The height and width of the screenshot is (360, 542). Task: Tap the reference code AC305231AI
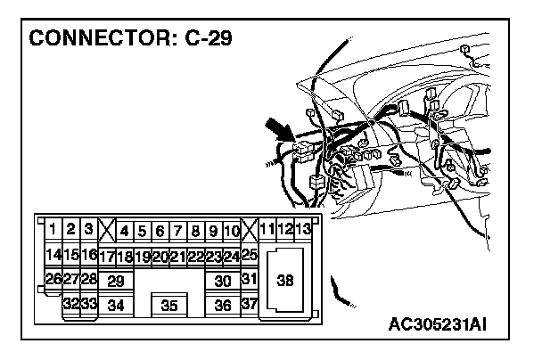click(448, 323)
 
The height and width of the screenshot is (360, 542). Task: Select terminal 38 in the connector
click(285, 281)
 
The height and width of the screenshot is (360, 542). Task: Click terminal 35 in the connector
click(169, 306)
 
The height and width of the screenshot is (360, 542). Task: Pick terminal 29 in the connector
click(115, 281)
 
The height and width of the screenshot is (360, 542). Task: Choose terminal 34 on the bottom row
click(115, 306)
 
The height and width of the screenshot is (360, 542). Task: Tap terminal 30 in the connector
click(224, 281)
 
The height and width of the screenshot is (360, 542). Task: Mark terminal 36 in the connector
click(224, 306)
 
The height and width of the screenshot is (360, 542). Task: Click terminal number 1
click(53, 230)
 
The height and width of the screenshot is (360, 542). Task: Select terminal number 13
click(303, 230)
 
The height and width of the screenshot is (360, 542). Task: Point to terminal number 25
click(250, 255)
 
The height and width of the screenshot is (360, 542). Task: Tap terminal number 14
click(53, 255)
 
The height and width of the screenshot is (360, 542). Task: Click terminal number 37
click(250, 305)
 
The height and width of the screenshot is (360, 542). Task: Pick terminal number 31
click(250, 280)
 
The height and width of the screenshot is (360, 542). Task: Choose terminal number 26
click(53, 280)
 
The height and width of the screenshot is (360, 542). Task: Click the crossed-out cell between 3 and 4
click(107, 231)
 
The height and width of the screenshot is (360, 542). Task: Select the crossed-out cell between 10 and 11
click(250, 231)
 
